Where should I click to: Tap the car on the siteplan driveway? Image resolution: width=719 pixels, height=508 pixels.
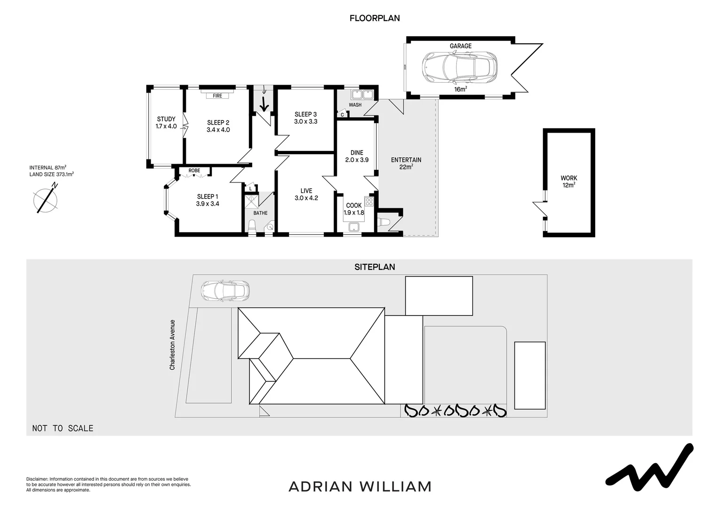pyautogui.click(x=225, y=290)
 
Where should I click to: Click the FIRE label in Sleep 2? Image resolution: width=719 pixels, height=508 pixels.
pyautogui.click(x=217, y=96)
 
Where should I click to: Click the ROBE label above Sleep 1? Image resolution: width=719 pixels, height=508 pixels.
pyautogui.click(x=194, y=171)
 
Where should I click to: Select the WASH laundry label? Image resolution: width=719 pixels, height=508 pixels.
pyautogui.click(x=355, y=105)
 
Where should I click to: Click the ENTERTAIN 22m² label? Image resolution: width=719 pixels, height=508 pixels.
pyautogui.click(x=406, y=163)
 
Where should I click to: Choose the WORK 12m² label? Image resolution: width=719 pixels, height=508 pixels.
pyautogui.click(x=568, y=182)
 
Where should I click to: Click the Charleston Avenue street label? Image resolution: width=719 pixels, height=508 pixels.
pyautogui.click(x=173, y=345)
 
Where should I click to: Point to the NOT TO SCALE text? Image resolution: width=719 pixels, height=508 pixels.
pyautogui.click(x=63, y=429)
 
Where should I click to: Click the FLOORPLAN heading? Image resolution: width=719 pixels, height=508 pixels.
pyautogui.click(x=375, y=18)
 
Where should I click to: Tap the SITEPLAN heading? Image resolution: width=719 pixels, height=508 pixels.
pyautogui.click(x=375, y=267)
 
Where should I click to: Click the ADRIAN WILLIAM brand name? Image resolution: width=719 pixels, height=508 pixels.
pyautogui.click(x=360, y=486)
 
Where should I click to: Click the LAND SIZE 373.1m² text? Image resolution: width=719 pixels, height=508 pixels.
pyautogui.click(x=51, y=174)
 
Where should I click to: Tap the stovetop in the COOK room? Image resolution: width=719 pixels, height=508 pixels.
pyautogui.click(x=369, y=202)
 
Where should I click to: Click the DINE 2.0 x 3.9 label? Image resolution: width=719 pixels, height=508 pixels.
pyautogui.click(x=357, y=156)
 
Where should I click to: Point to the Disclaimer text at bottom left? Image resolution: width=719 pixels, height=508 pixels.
pyautogui.click(x=108, y=484)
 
